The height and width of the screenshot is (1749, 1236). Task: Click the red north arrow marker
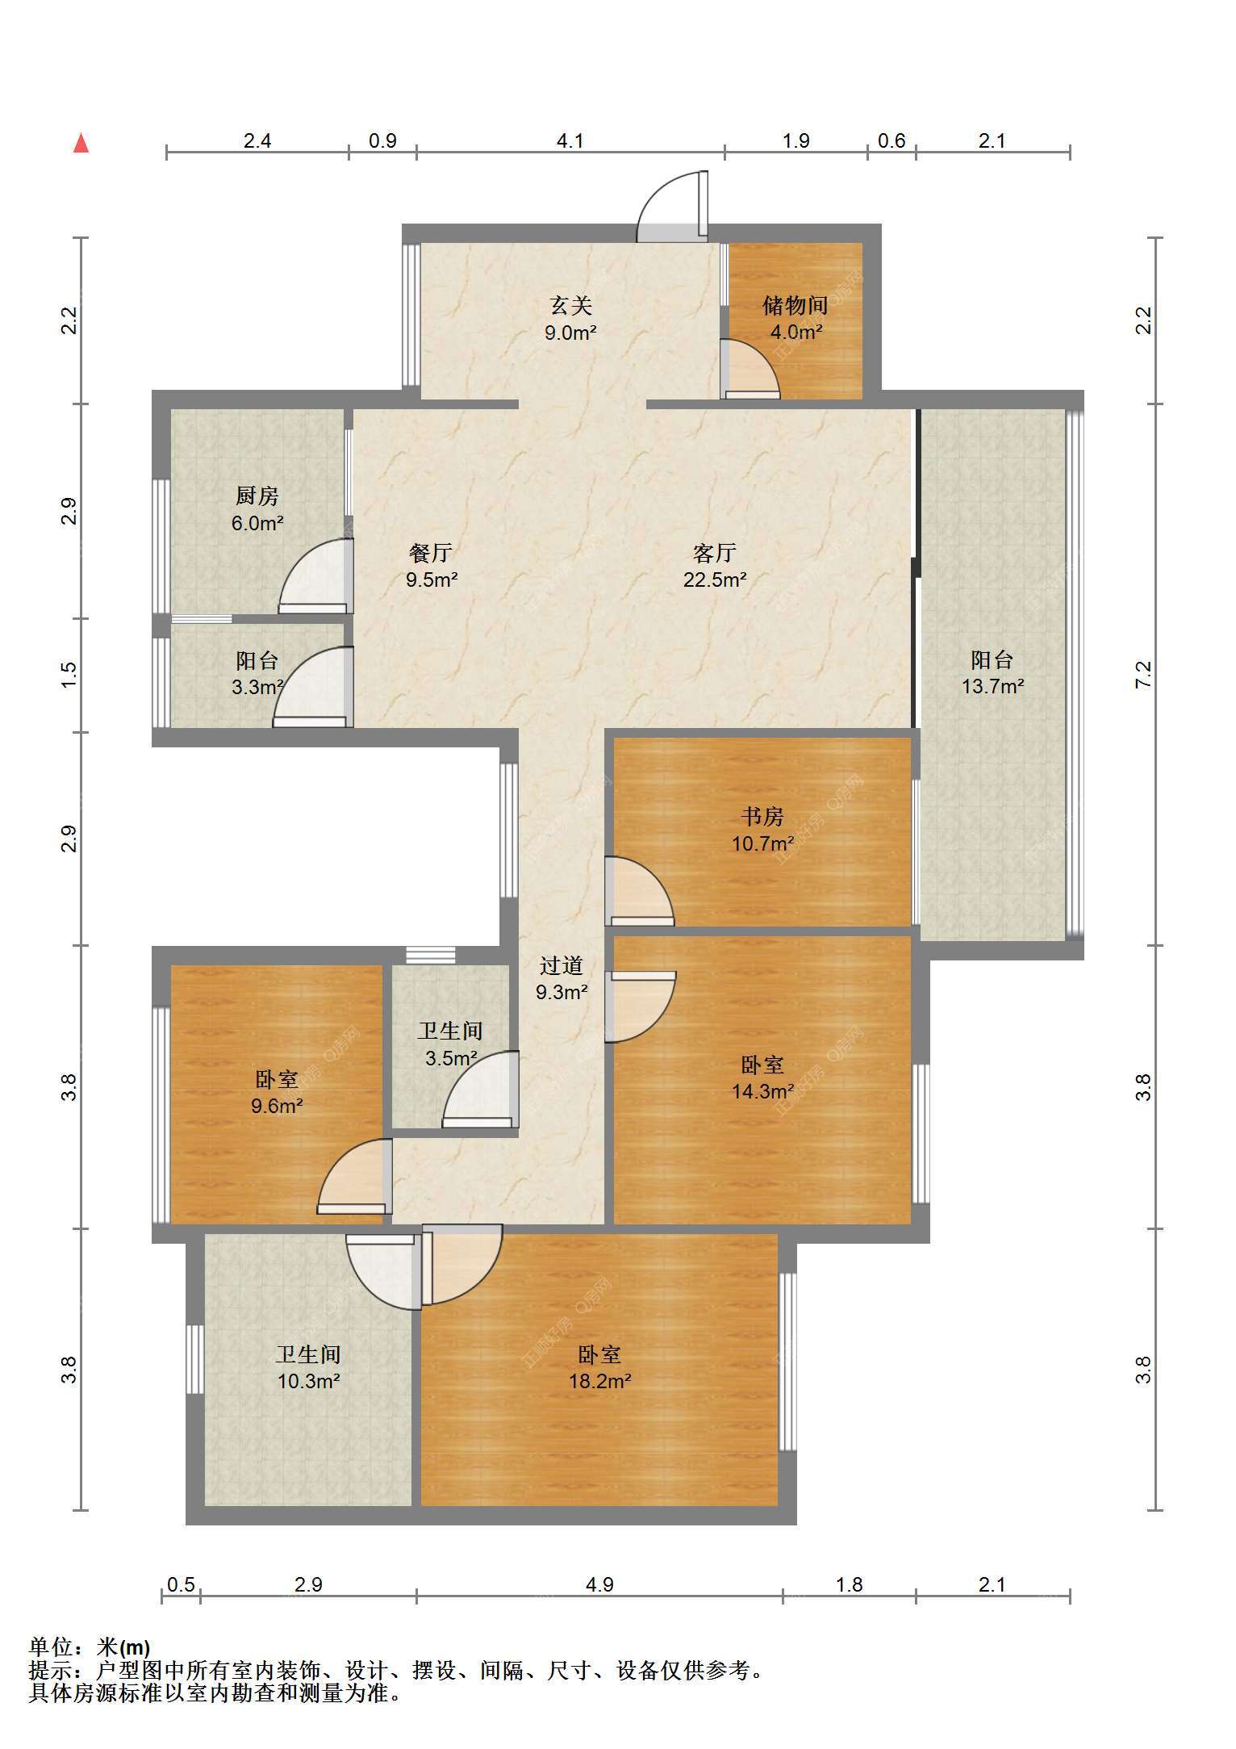pyautogui.click(x=81, y=143)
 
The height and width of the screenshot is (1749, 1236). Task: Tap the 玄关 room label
pyautogui.click(x=571, y=305)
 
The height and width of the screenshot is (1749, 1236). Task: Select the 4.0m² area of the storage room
pyautogui.click(x=795, y=332)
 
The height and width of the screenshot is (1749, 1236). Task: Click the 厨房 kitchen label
pyautogui.click(x=257, y=496)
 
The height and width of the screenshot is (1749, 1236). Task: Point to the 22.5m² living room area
pyautogui.click(x=715, y=580)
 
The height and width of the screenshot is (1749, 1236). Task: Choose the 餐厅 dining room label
pyautogui.click(x=431, y=553)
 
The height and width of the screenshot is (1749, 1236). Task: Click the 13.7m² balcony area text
pyautogui.click(x=992, y=687)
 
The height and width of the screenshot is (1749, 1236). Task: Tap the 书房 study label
pyautogui.click(x=762, y=817)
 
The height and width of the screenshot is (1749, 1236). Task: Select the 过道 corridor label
pyautogui.click(x=561, y=965)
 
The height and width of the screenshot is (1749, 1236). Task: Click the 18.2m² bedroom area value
pyautogui.click(x=599, y=1381)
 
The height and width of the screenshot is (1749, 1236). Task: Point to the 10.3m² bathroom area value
pyautogui.click(x=308, y=1381)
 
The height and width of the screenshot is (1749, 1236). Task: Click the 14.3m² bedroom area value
pyautogui.click(x=762, y=1092)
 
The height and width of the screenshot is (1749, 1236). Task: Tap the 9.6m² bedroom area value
pyautogui.click(x=277, y=1106)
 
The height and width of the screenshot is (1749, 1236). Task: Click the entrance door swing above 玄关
pyautogui.click(x=672, y=207)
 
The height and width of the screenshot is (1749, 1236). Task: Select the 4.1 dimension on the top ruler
pyautogui.click(x=570, y=141)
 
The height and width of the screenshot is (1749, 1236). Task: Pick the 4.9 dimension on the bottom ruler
pyautogui.click(x=599, y=1584)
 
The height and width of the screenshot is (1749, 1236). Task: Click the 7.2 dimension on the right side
pyautogui.click(x=1143, y=674)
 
